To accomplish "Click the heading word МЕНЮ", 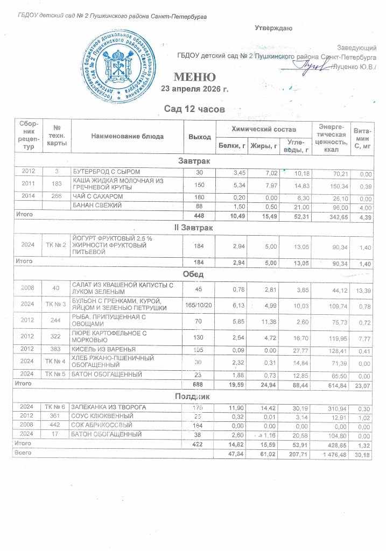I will [x=194, y=76].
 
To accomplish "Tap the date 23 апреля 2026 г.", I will [x=199, y=89].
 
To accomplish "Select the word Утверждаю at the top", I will [x=273, y=27].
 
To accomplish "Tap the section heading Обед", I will [x=193, y=275].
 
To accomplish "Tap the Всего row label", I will [x=24, y=454].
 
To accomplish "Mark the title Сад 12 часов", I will [x=194, y=110].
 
